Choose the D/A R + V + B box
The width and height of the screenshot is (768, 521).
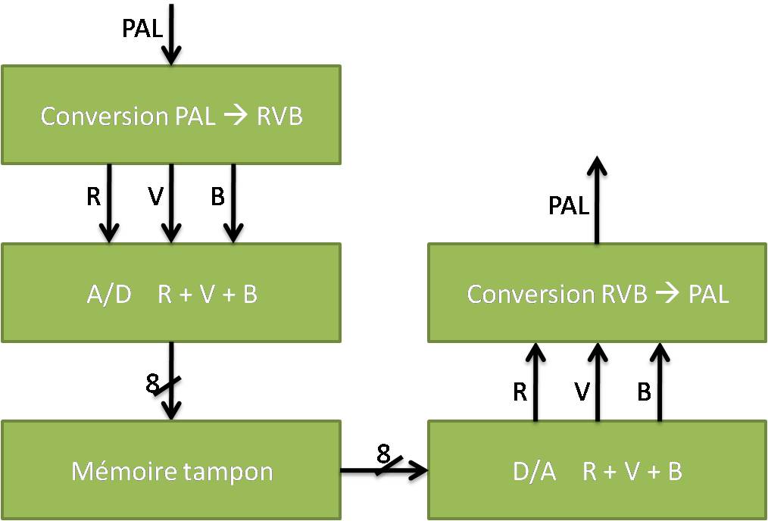point(598,471)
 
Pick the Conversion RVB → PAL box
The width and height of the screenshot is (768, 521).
point(598,293)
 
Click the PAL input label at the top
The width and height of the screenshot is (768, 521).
point(142,28)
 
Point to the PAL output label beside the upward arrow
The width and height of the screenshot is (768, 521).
point(569,205)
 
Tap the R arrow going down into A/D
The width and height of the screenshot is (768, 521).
point(110,202)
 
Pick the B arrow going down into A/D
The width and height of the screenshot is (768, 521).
point(233,202)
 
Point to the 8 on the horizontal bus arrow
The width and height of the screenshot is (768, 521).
point(383,454)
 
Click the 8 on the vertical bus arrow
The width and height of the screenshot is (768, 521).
point(153,385)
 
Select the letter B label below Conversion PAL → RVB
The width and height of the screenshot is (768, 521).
point(218,197)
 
